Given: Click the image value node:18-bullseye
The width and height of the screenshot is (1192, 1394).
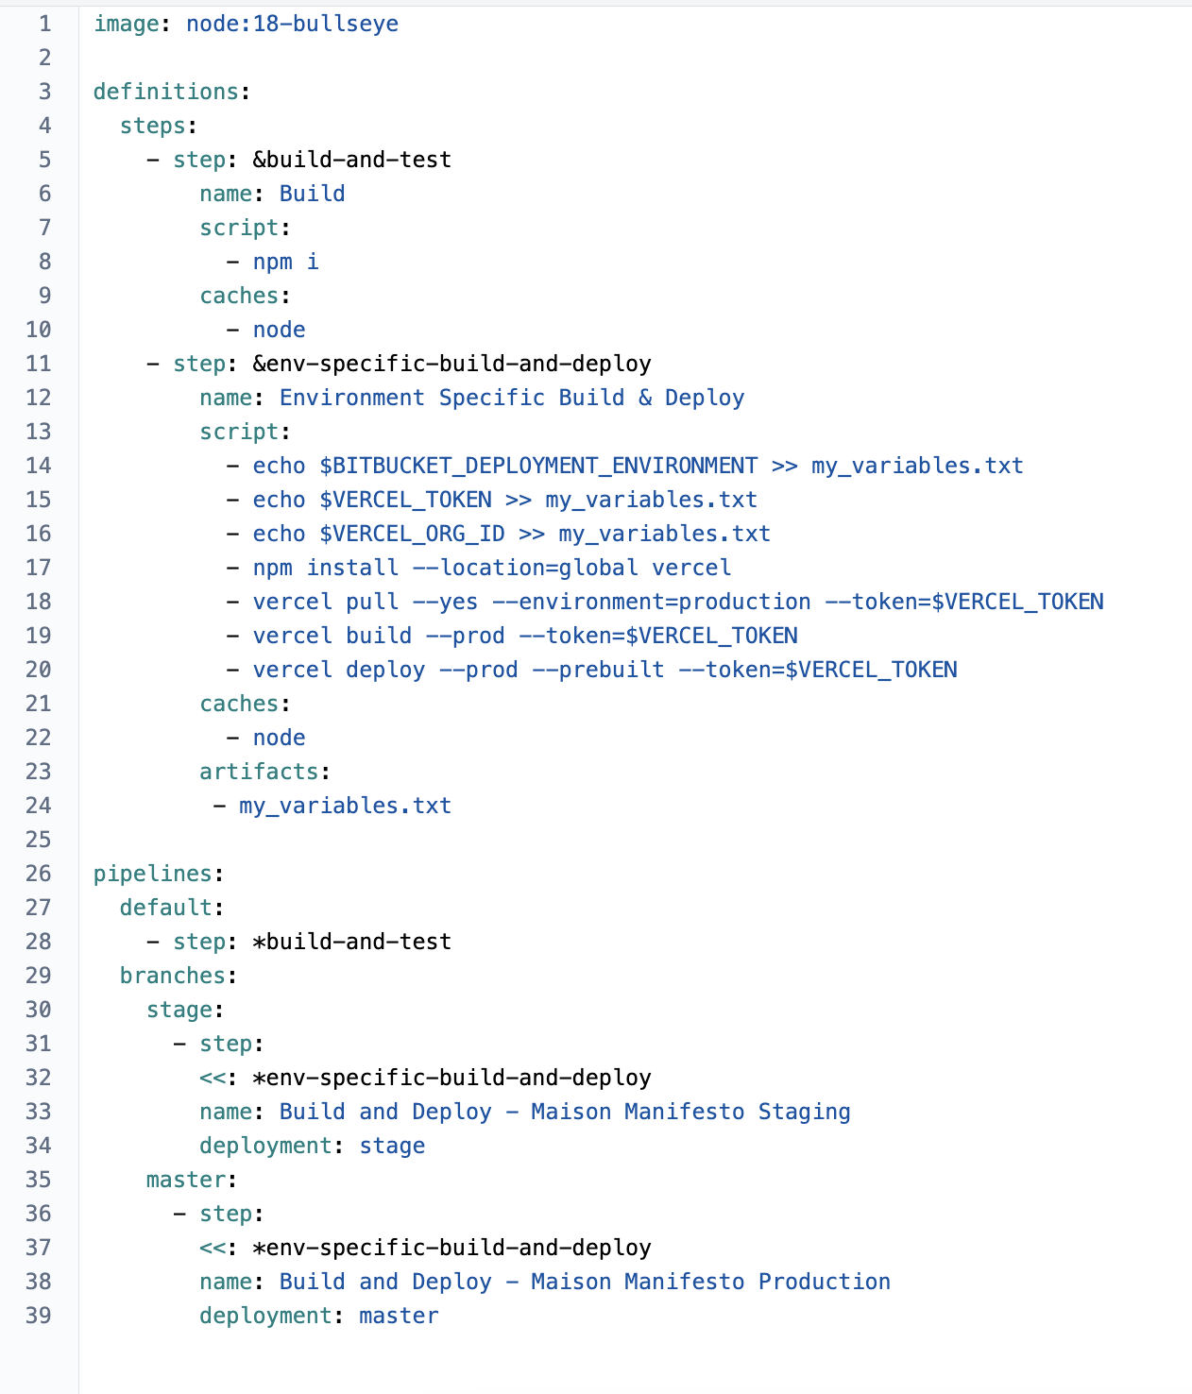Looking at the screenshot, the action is (x=292, y=25).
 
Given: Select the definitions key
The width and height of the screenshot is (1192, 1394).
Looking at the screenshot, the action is (x=166, y=92).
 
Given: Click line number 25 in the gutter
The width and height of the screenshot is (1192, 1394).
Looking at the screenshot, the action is (x=39, y=840).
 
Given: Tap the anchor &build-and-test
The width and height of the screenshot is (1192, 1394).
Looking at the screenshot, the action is (x=351, y=160).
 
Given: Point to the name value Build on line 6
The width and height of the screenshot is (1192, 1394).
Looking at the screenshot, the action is (x=313, y=194).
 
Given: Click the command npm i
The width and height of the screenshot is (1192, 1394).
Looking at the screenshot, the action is (x=285, y=262).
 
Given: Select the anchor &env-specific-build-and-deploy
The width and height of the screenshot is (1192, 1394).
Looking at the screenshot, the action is (x=451, y=364).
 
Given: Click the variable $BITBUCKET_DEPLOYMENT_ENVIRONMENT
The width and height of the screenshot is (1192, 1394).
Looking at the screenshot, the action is (x=538, y=466).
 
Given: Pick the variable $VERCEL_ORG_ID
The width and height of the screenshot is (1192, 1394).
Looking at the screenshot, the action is (x=412, y=535).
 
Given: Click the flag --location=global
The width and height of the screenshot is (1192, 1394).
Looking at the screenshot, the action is (x=525, y=568).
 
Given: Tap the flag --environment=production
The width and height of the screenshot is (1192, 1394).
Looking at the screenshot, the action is (x=651, y=602).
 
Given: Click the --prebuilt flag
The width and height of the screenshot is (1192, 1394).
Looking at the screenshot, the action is (x=598, y=670).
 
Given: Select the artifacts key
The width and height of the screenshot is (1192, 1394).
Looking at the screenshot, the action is (x=259, y=772).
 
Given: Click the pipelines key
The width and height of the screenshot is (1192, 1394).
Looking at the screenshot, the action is (x=152, y=874).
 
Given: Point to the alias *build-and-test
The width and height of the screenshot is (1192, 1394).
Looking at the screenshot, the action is (x=351, y=942).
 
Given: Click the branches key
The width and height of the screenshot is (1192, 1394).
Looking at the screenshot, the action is (x=173, y=976).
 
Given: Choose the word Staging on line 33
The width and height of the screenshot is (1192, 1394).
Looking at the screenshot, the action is (x=804, y=1113).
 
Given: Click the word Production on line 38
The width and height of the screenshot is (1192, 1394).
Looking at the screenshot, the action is (x=825, y=1282).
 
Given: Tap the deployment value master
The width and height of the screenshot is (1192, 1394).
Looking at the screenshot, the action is (x=399, y=1316).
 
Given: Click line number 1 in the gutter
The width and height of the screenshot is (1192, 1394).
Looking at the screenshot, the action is (x=44, y=25).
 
